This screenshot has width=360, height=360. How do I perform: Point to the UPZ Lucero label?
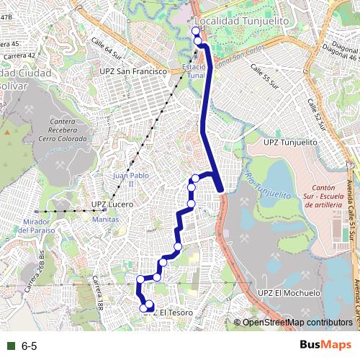click(x=113, y=204)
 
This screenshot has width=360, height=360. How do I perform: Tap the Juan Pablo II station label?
click(x=124, y=179)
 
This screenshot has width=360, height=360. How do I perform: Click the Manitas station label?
click(x=105, y=219)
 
